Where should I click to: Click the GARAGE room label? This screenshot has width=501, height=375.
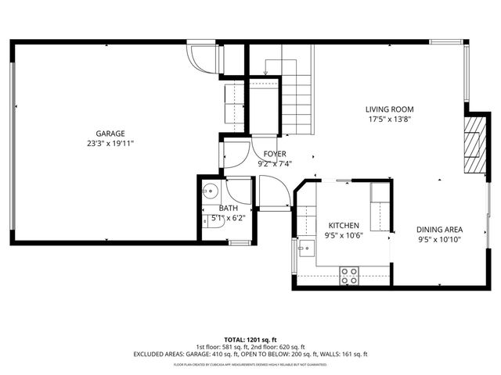[110, 134]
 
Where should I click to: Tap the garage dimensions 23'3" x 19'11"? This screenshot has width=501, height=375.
[110, 144]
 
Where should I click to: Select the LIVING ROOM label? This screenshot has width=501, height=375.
[389, 109]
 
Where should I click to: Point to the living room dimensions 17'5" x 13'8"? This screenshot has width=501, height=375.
[389, 120]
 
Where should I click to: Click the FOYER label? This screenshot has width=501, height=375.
[274, 154]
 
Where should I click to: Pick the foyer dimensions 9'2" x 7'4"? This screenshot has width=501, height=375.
[274, 164]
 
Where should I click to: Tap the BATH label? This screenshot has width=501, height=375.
[228, 208]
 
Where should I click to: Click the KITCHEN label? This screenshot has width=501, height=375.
[344, 224]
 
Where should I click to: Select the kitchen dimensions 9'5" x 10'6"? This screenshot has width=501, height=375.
[344, 235]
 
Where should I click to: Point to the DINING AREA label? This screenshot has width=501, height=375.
[438, 230]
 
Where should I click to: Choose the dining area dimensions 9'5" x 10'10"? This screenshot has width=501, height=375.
[438, 240]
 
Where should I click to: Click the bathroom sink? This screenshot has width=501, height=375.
[209, 190]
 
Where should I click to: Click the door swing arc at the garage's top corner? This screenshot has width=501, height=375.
[203, 59]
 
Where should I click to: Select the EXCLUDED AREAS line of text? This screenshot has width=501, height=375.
[250, 355]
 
